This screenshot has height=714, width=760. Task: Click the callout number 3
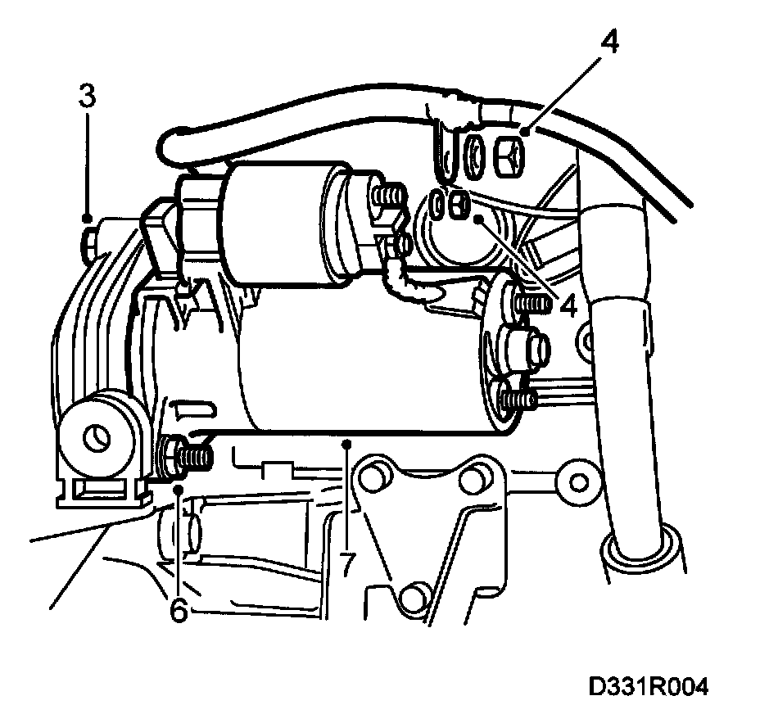pos(88,95)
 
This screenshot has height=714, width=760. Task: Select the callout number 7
pos(347,564)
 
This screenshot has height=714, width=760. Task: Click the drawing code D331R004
pos(647,685)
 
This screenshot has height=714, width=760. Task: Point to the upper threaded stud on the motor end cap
pos(528,304)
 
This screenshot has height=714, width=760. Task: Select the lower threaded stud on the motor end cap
pos(519,400)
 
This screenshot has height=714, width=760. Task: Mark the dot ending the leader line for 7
pos(347,443)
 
